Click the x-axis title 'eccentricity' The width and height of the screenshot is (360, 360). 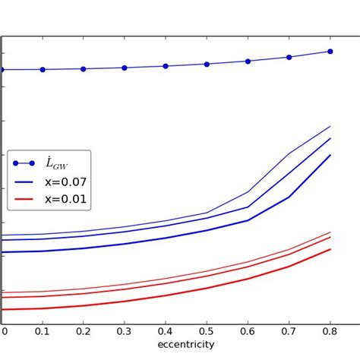click(x=185, y=345)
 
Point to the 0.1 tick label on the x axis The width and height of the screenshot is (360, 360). click(x=43, y=330)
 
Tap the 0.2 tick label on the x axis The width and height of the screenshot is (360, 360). click(x=84, y=330)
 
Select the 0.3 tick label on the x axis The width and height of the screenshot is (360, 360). click(x=125, y=330)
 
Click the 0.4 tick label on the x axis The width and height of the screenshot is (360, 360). click(x=166, y=330)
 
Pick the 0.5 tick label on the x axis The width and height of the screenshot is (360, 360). click(x=207, y=330)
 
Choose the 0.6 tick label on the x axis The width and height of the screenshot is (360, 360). click(x=248, y=330)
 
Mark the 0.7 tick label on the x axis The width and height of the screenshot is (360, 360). click(x=289, y=330)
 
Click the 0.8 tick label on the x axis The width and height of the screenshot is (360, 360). click(x=330, y=330)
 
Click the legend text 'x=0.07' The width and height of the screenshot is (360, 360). click(x=65, y=182)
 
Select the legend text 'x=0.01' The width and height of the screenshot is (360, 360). click(x=65, y=200)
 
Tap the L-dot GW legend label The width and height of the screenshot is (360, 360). click(x=57, y=163)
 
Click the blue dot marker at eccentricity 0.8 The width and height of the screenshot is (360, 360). click(x=330, y=52)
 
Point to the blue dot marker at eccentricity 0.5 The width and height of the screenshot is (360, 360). click(x=207, y=64)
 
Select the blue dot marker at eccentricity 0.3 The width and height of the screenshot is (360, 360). click(x=125, y=68)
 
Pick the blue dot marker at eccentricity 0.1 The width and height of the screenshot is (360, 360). click(x=43, y=69)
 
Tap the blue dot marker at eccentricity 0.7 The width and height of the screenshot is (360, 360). click(x=289, y=57)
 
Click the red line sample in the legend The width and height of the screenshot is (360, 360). click(x=24, y=200)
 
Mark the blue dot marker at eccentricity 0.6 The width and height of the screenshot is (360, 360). click(x=248, y=61)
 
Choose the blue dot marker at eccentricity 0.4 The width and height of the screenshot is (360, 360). click(x=166, y=66)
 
